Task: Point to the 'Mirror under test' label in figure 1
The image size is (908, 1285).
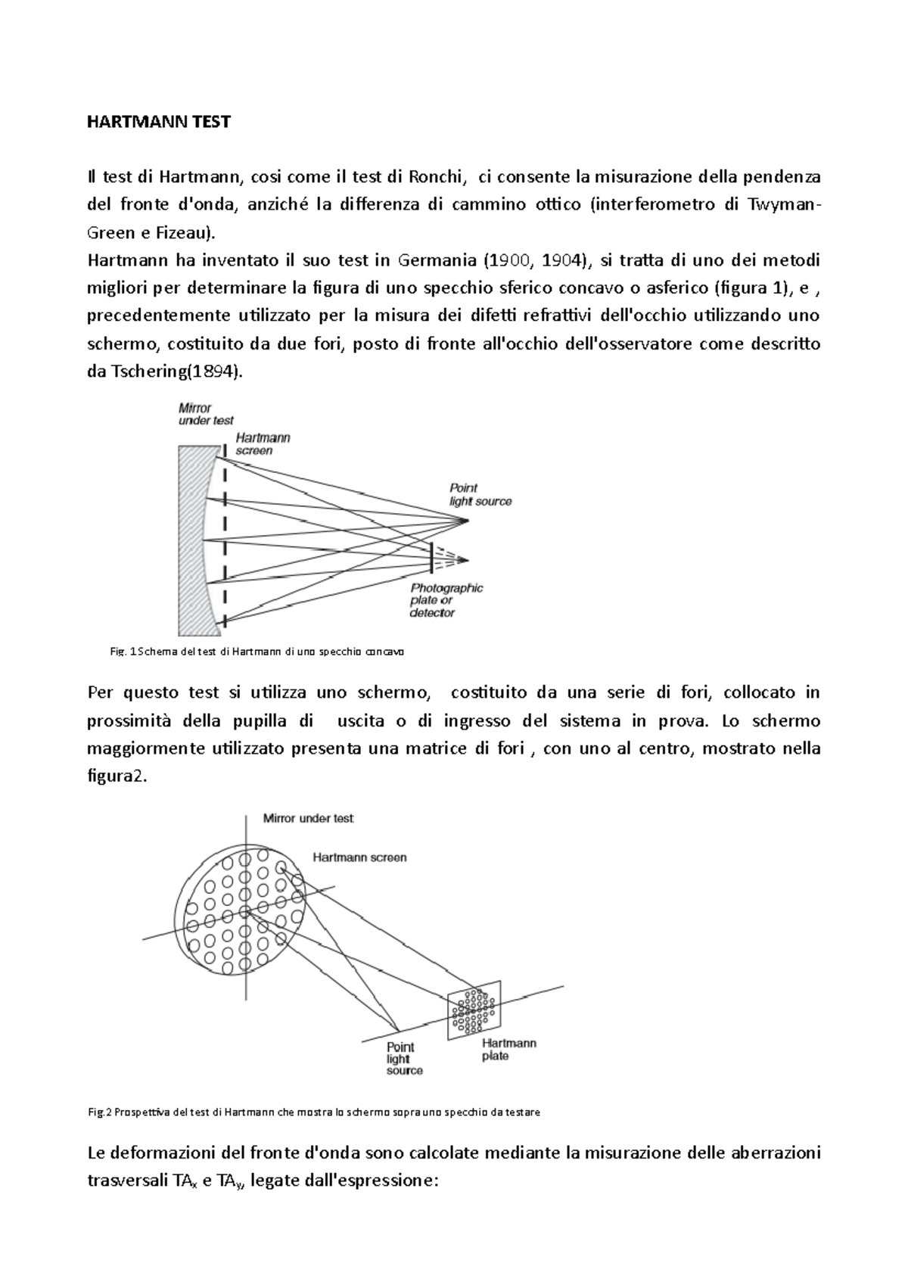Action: (x=205, y=414)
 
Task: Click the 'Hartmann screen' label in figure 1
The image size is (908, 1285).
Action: (x=262, y=443)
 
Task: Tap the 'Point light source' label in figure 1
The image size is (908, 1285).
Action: (x=480, y=494)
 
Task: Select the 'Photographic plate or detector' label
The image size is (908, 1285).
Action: (x=446, y=600)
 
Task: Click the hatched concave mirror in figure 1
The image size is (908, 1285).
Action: (x=192, y=541)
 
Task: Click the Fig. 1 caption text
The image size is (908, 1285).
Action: (x=257, y=651)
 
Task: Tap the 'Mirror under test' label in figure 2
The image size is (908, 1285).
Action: (x=307, y=818)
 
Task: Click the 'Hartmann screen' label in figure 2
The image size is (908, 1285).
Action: (x=359, y=857)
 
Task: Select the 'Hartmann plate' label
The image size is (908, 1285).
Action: (x=508, y=1049)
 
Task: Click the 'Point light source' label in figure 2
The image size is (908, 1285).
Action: (x=404, y=1059)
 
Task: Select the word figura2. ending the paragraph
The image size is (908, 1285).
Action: (x=120, y=776)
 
